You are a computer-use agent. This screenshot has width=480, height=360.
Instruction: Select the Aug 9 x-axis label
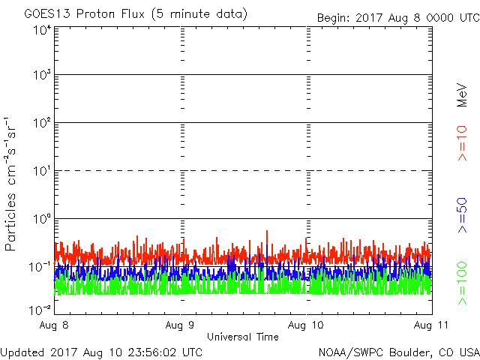pyautogui.click(x=181, y=325)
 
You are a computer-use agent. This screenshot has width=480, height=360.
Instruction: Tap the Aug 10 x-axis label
pyautogui.click(x=307, y=325)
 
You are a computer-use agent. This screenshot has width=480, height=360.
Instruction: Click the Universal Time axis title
pyautogui.click(x=243, y=337)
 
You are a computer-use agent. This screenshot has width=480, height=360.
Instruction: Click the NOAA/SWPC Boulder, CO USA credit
pyautogui.click(x=398, y=351)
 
